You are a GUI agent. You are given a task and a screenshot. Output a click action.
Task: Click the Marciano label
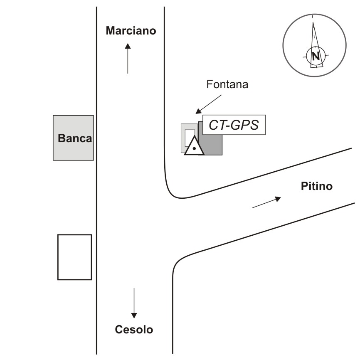(131, 31)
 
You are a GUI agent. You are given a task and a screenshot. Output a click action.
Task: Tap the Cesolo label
(134, 330)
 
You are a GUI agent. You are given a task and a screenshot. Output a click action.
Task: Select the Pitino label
(317, 186)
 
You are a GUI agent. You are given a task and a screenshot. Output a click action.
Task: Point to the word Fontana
(227, 84)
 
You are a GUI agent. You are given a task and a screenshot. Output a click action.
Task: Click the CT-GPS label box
(234, 125)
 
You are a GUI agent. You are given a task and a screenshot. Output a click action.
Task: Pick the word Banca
(75, 138)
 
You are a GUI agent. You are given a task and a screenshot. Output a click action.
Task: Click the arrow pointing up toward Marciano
(128, 58)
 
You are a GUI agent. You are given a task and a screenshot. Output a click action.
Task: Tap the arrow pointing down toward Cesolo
(134, 303)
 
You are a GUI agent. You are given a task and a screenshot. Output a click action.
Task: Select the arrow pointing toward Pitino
(267, 202)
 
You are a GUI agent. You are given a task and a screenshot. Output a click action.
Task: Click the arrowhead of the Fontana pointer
(198, 111)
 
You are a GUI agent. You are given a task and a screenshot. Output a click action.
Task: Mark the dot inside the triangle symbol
(194, 148)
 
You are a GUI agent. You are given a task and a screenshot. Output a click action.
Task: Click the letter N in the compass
(316, 56)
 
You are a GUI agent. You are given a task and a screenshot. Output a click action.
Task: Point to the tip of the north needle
(313, 22)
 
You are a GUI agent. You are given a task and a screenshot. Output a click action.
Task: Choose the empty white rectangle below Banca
(74, 257)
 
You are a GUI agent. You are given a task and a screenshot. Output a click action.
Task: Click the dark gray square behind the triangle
(210, 138)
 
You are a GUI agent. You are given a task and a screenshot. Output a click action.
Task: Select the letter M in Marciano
(111, 31)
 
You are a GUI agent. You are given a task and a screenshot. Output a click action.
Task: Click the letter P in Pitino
(304, 186)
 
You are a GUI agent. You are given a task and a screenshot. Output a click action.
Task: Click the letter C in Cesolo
(119, 330)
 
